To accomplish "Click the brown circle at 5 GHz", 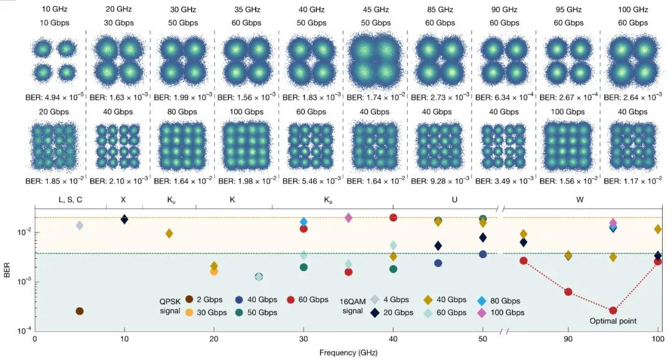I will coord(79,311).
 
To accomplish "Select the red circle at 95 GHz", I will coord(613,310).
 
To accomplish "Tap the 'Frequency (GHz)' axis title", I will coord(348,353).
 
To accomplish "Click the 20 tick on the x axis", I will coord(214,339).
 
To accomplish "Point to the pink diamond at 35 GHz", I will coord(348,218).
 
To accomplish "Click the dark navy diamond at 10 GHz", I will coord(124,219).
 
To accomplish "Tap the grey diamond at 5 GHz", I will coord(79,225).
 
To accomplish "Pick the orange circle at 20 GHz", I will coord(214,271).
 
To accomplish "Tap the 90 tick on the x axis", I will coord(568,339).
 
